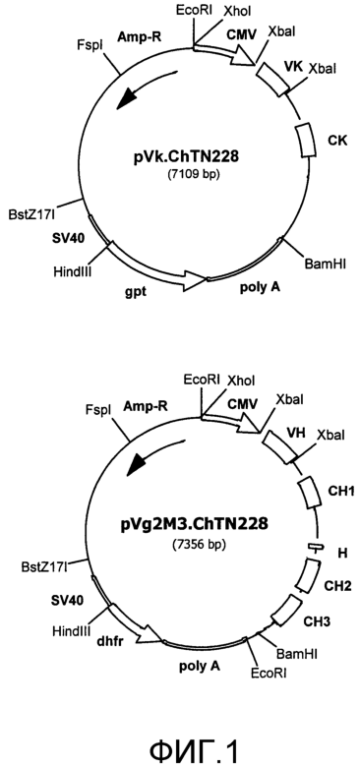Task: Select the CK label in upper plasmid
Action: (337, 142)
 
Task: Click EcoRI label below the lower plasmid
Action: (269, 673)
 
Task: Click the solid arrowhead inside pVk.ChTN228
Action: (127, 99)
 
